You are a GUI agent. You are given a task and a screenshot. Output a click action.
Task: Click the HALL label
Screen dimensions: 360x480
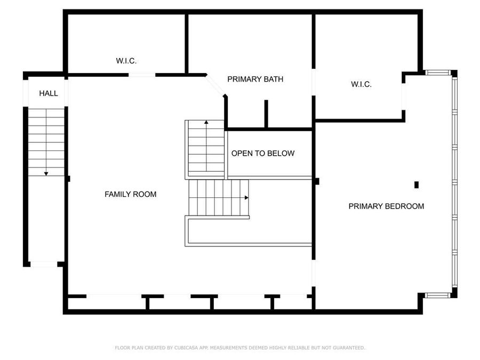point(48,93)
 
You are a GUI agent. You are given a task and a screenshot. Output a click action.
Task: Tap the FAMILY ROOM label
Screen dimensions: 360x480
point(130,194)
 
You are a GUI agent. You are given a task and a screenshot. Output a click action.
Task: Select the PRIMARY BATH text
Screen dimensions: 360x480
point(255,79)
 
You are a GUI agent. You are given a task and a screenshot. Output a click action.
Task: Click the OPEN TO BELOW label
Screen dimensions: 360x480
point(262,154)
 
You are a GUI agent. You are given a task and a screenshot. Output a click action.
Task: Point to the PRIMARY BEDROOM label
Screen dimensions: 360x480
point(386,206)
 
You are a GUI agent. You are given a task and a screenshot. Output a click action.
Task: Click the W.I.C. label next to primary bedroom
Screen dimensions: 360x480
point(361,84)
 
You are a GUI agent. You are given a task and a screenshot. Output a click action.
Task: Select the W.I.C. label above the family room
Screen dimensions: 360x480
point(126,61)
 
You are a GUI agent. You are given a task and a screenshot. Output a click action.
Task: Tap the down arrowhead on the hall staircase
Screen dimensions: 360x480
point(46,173)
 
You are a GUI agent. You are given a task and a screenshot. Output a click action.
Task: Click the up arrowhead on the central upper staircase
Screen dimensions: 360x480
point(206,123)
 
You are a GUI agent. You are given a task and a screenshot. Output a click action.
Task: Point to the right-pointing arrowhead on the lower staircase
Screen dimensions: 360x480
point(246,197)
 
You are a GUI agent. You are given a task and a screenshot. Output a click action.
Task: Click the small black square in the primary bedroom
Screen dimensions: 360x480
point(417,185)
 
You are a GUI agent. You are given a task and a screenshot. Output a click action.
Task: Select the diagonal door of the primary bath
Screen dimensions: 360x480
point(215,85)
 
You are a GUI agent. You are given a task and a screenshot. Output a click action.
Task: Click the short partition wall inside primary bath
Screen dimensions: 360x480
point(266,113)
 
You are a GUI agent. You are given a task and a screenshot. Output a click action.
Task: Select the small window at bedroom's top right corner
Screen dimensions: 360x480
point(438,73)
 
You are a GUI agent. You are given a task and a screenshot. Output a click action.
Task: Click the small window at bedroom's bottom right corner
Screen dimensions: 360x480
point(438,294)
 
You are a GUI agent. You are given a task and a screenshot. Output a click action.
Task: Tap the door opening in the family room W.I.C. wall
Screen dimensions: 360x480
point(141,75)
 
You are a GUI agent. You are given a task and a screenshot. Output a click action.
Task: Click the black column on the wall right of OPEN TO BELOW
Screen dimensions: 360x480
point(316,181)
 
